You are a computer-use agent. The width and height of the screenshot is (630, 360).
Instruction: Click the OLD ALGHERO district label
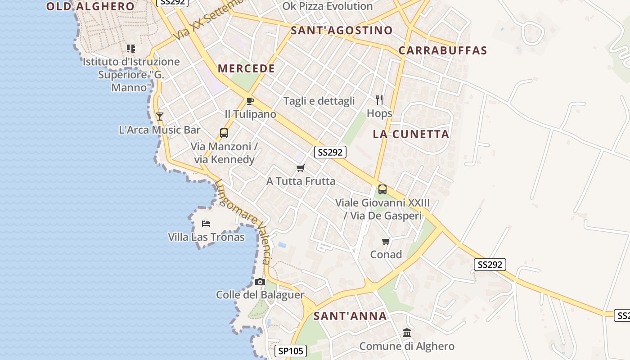[x=90, y=6]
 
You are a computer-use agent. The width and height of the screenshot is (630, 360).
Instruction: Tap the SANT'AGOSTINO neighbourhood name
[x=342, y=31]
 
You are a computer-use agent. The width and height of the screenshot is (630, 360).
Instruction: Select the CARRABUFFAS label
[x=443, y=50]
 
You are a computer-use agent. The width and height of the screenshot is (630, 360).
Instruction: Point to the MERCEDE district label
[x=246, y=69]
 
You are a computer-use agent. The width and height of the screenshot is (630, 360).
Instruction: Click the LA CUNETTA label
[x=411, y=134]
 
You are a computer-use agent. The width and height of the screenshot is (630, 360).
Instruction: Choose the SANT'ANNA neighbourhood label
[x=350, y=316]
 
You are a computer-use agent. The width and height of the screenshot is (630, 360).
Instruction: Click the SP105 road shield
[x=291, y=351]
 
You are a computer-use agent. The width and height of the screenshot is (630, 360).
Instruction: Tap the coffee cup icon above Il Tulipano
[x=250, y=101]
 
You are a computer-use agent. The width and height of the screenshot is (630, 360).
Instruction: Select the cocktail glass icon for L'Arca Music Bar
[x=159, y=117]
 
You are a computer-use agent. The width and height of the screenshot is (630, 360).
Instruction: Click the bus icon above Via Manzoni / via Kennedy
[x=224, y=133]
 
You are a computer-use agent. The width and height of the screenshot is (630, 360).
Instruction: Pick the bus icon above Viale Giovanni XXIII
[x=382, y=189]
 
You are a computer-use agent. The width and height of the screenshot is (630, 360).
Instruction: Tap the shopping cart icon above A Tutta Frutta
[x=301, y=168]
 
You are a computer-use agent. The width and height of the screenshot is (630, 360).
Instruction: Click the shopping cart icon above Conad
[x=386, y=242]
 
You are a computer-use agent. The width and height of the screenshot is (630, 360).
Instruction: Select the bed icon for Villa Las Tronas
[x=206, y=224]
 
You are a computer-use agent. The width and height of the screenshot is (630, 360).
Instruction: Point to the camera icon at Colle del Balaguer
[x=260, y=282]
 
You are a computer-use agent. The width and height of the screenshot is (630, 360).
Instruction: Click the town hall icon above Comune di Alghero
[x=407, y=333]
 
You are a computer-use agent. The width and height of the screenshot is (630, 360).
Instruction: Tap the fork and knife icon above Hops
[x=379, y=100]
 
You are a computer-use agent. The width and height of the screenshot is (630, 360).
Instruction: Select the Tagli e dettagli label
[x=319, y=101]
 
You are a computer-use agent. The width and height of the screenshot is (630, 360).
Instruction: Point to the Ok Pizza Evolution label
[x=328, y=6]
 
